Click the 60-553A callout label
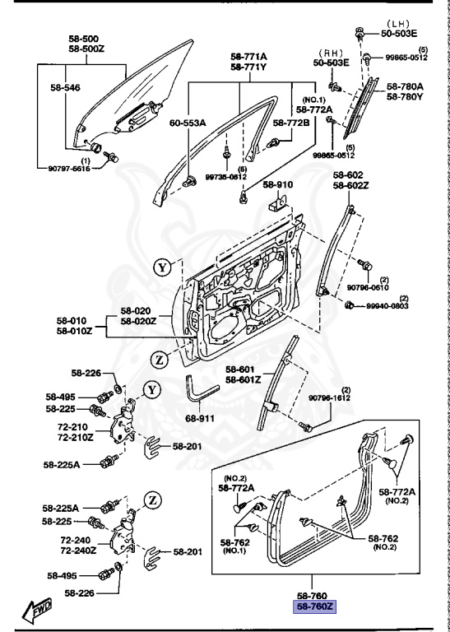tap(188, 123)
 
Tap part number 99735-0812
tap(225, 176)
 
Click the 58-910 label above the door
tap(279, 185)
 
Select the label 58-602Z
tap(348, 185)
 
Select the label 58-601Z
tap(243, 379)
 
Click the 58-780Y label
tap(405, 96)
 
